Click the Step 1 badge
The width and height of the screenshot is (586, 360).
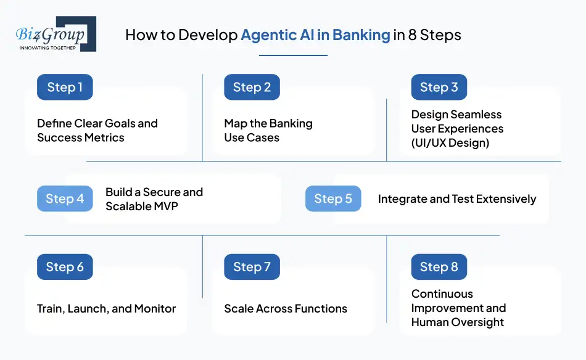tap(65, 87)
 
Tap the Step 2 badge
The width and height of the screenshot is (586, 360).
tap(252, 87)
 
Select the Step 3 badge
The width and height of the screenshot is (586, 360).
tap(439, 87)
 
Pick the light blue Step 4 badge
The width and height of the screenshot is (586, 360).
tap(65, 198)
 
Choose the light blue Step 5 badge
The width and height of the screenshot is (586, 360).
tap(333, 198)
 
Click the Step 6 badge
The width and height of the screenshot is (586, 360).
tap(65, 267)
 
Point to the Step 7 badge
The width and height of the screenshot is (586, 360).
tap(252, 267)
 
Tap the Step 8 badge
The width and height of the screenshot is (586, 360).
tap(439, 267)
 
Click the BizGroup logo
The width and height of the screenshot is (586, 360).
tap(56, 34)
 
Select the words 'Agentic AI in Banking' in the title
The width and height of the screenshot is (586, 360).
tap(315, 35)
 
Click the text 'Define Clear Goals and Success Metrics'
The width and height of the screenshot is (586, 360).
tap(97, 130)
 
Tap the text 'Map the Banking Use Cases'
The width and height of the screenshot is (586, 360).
tap(268, 130)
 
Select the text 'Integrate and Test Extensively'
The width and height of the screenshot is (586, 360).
tap(456, 198)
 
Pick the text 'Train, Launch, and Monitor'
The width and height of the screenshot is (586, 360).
tap(106, 308)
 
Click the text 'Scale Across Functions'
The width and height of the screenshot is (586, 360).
tap(285, 308)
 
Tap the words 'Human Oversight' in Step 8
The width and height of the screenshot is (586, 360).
tap(457, 322)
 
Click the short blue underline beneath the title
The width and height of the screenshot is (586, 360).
tap(293, 55)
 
